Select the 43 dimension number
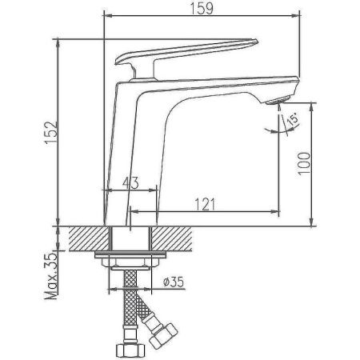pyautogui.click(x=130, y=183)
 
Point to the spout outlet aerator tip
pyautogui.click(x=273, y=99)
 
